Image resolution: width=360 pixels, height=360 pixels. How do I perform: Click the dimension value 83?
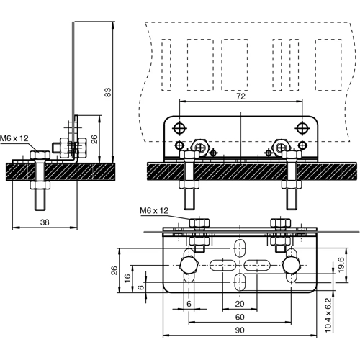107,92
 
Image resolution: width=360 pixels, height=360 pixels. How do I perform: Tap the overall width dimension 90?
238,330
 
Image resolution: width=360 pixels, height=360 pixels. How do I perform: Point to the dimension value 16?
127,277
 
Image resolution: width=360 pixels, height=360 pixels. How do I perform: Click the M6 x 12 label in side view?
14,138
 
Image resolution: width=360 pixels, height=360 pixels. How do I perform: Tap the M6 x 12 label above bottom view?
153,210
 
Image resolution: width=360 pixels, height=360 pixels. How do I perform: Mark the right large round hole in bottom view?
291,265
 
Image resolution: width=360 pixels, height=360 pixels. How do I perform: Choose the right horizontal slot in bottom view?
259,265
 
